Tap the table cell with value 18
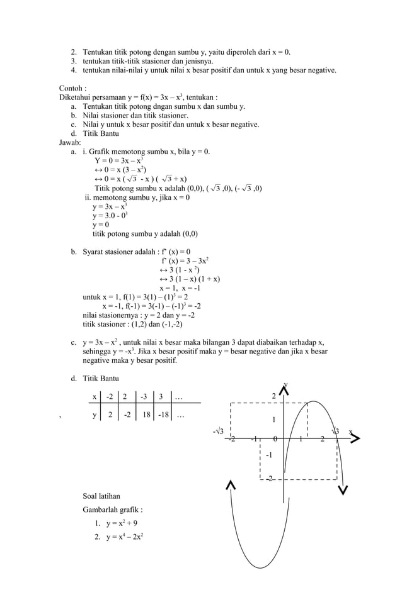point(146,415)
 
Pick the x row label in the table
point(95,396)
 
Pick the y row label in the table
point(95,415)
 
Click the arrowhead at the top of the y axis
point(285,390)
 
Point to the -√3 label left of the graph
point(218,431)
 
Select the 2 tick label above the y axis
point(273,396)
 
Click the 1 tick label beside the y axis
point(273,420)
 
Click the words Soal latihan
point(101,496)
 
